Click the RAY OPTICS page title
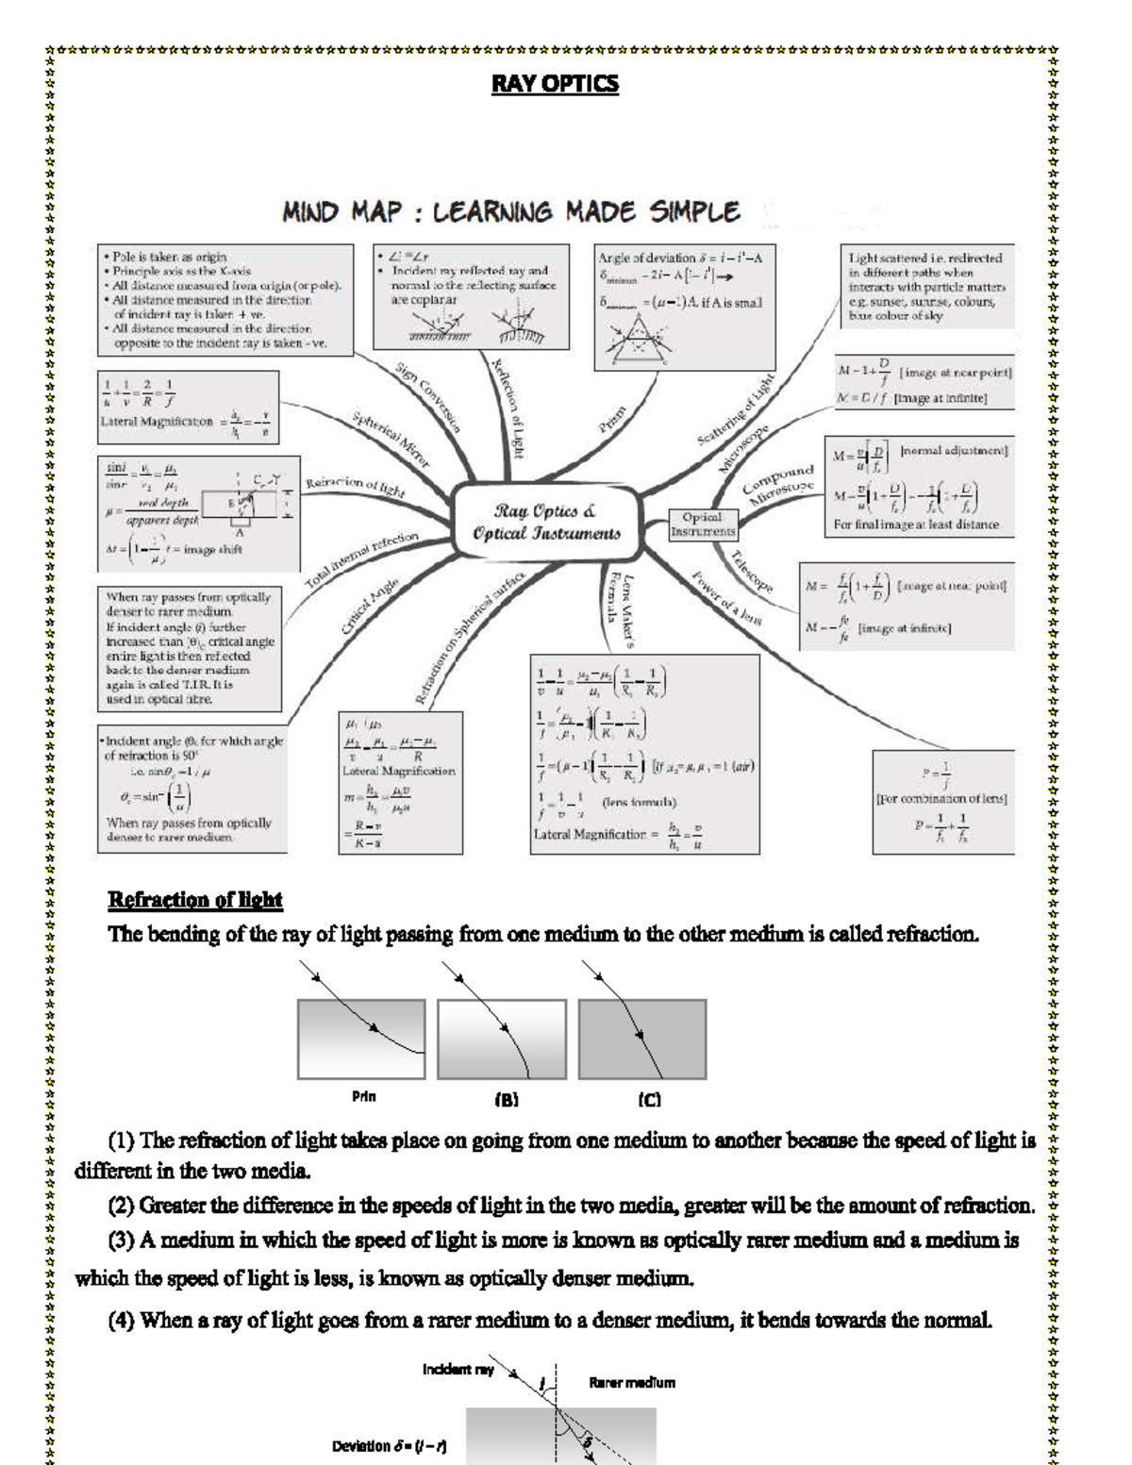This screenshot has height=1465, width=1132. click(555, 84)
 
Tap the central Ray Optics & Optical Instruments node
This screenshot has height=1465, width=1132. click(547, 523)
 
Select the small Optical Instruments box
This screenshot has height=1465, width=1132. click(702, 524)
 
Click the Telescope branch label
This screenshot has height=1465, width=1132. click(752, 572)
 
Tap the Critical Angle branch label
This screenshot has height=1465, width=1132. click(370, 608)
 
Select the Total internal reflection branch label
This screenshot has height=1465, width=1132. click(362, 560)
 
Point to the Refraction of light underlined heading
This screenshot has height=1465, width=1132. click(195, 900)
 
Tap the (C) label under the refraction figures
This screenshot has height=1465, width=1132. click(649, 1100)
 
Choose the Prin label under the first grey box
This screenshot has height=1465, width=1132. click(364, 1097)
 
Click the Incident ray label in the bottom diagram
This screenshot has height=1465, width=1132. click(458, 1369)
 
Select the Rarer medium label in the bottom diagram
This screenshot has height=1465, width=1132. click(632, 1383)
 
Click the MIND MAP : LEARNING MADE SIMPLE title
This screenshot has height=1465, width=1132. click(510, 212)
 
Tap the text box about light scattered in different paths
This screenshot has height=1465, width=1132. click(926, 287)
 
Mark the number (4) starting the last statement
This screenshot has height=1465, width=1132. click(123, 1321)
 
